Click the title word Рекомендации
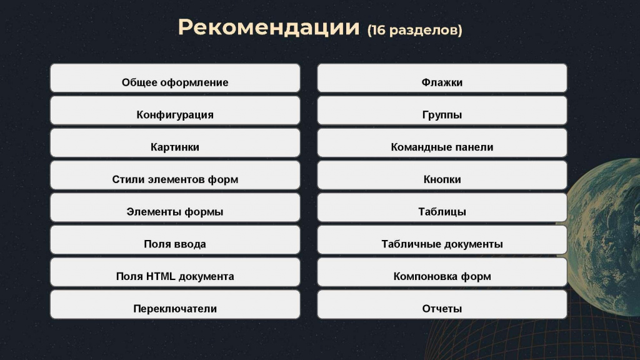269,27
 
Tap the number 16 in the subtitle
378,30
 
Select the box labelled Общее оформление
175,78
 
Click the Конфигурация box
175,110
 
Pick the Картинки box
175,142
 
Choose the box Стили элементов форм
175,175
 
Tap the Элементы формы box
175,207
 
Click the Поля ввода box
175,239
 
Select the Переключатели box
175,304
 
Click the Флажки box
442,78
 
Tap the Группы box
442,110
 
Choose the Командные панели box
442,142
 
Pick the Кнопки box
442,175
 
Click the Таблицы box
442,207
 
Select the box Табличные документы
442,239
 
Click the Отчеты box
442,304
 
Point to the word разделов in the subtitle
423,31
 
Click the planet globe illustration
604,237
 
